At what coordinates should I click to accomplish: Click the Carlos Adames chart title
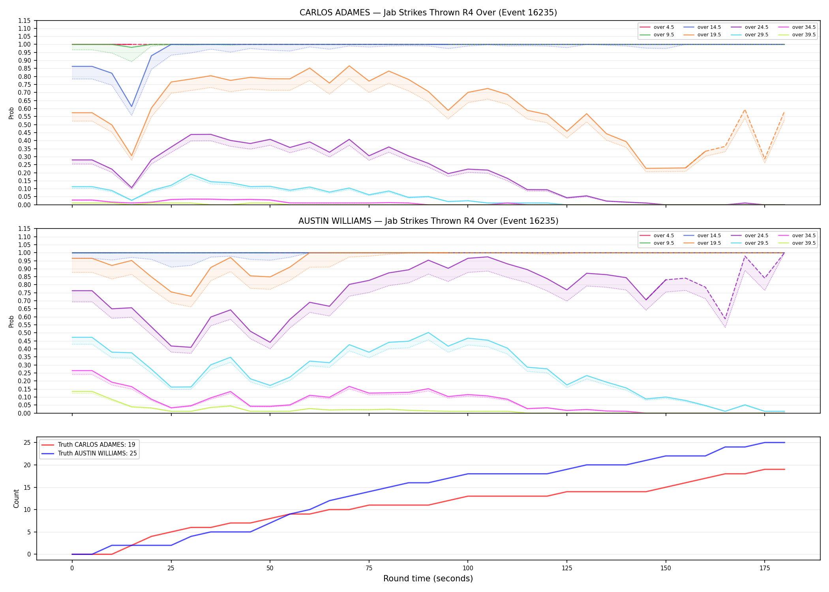pos(428,13)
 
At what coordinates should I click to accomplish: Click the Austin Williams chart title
pos(428,221)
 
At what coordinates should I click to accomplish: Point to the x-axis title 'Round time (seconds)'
pos(428,579)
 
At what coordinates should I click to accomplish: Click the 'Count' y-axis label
pos(16,498)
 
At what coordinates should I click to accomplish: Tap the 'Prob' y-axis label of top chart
pos(11,113)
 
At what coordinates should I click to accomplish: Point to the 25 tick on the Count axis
pos(27,443)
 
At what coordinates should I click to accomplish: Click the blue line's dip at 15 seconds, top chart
pos(131,107)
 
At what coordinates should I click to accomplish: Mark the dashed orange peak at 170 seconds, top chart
pos(745,110)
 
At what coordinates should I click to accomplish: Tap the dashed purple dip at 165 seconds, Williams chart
pos(725,319)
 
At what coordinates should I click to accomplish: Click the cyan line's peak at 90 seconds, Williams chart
pos(428,333)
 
